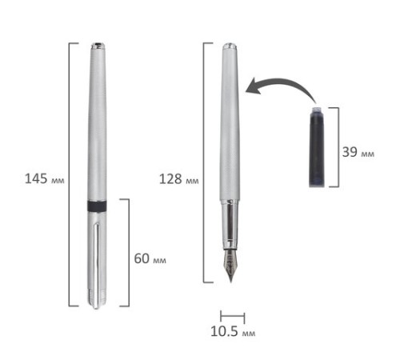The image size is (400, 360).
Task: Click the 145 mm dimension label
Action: point(44,178)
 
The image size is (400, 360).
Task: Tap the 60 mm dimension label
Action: point(150,258)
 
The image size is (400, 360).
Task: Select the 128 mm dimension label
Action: point(178,179)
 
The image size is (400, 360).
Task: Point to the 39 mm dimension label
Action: point(358,152)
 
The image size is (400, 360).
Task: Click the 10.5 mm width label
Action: point(233,331)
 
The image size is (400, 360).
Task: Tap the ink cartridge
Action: point(317,146)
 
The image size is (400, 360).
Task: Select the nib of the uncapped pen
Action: point(230,266)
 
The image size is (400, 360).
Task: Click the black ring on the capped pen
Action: point(97,206)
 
